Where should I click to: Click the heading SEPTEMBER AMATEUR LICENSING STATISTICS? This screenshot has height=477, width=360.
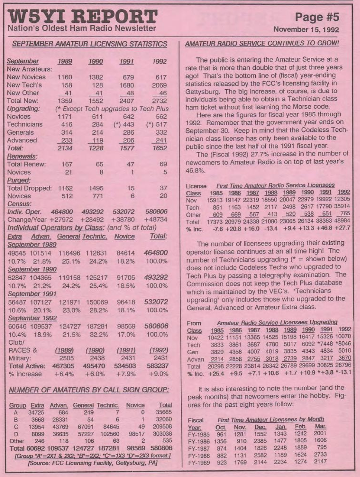click(90, 44)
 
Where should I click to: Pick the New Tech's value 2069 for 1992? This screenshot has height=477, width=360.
click(159, 85)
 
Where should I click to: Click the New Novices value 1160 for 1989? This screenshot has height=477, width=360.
click(65, 77)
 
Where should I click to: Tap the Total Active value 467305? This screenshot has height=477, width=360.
click(62, 366)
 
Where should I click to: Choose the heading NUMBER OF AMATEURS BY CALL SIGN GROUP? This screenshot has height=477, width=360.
click(89, 390)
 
